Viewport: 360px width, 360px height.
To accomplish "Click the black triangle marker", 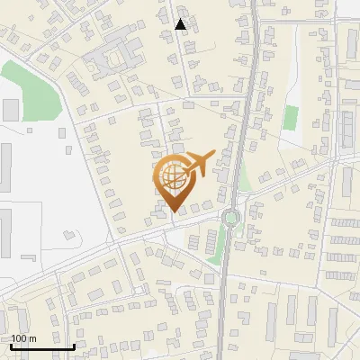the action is [181, 25].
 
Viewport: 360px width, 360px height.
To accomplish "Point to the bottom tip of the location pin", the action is [174, 212].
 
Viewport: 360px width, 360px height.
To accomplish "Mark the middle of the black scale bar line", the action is [42, 346].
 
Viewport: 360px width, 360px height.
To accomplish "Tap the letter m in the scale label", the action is [32, 338].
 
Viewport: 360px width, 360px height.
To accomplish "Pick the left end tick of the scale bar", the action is [11, 344].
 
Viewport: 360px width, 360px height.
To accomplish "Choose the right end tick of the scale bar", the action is [74, 344].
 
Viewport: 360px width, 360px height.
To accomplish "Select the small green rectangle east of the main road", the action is [291, 118].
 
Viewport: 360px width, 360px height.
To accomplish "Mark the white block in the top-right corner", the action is [348, 9].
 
